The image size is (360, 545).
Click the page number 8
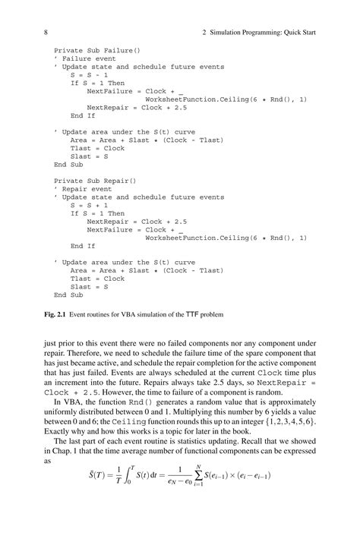pos(46,33)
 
